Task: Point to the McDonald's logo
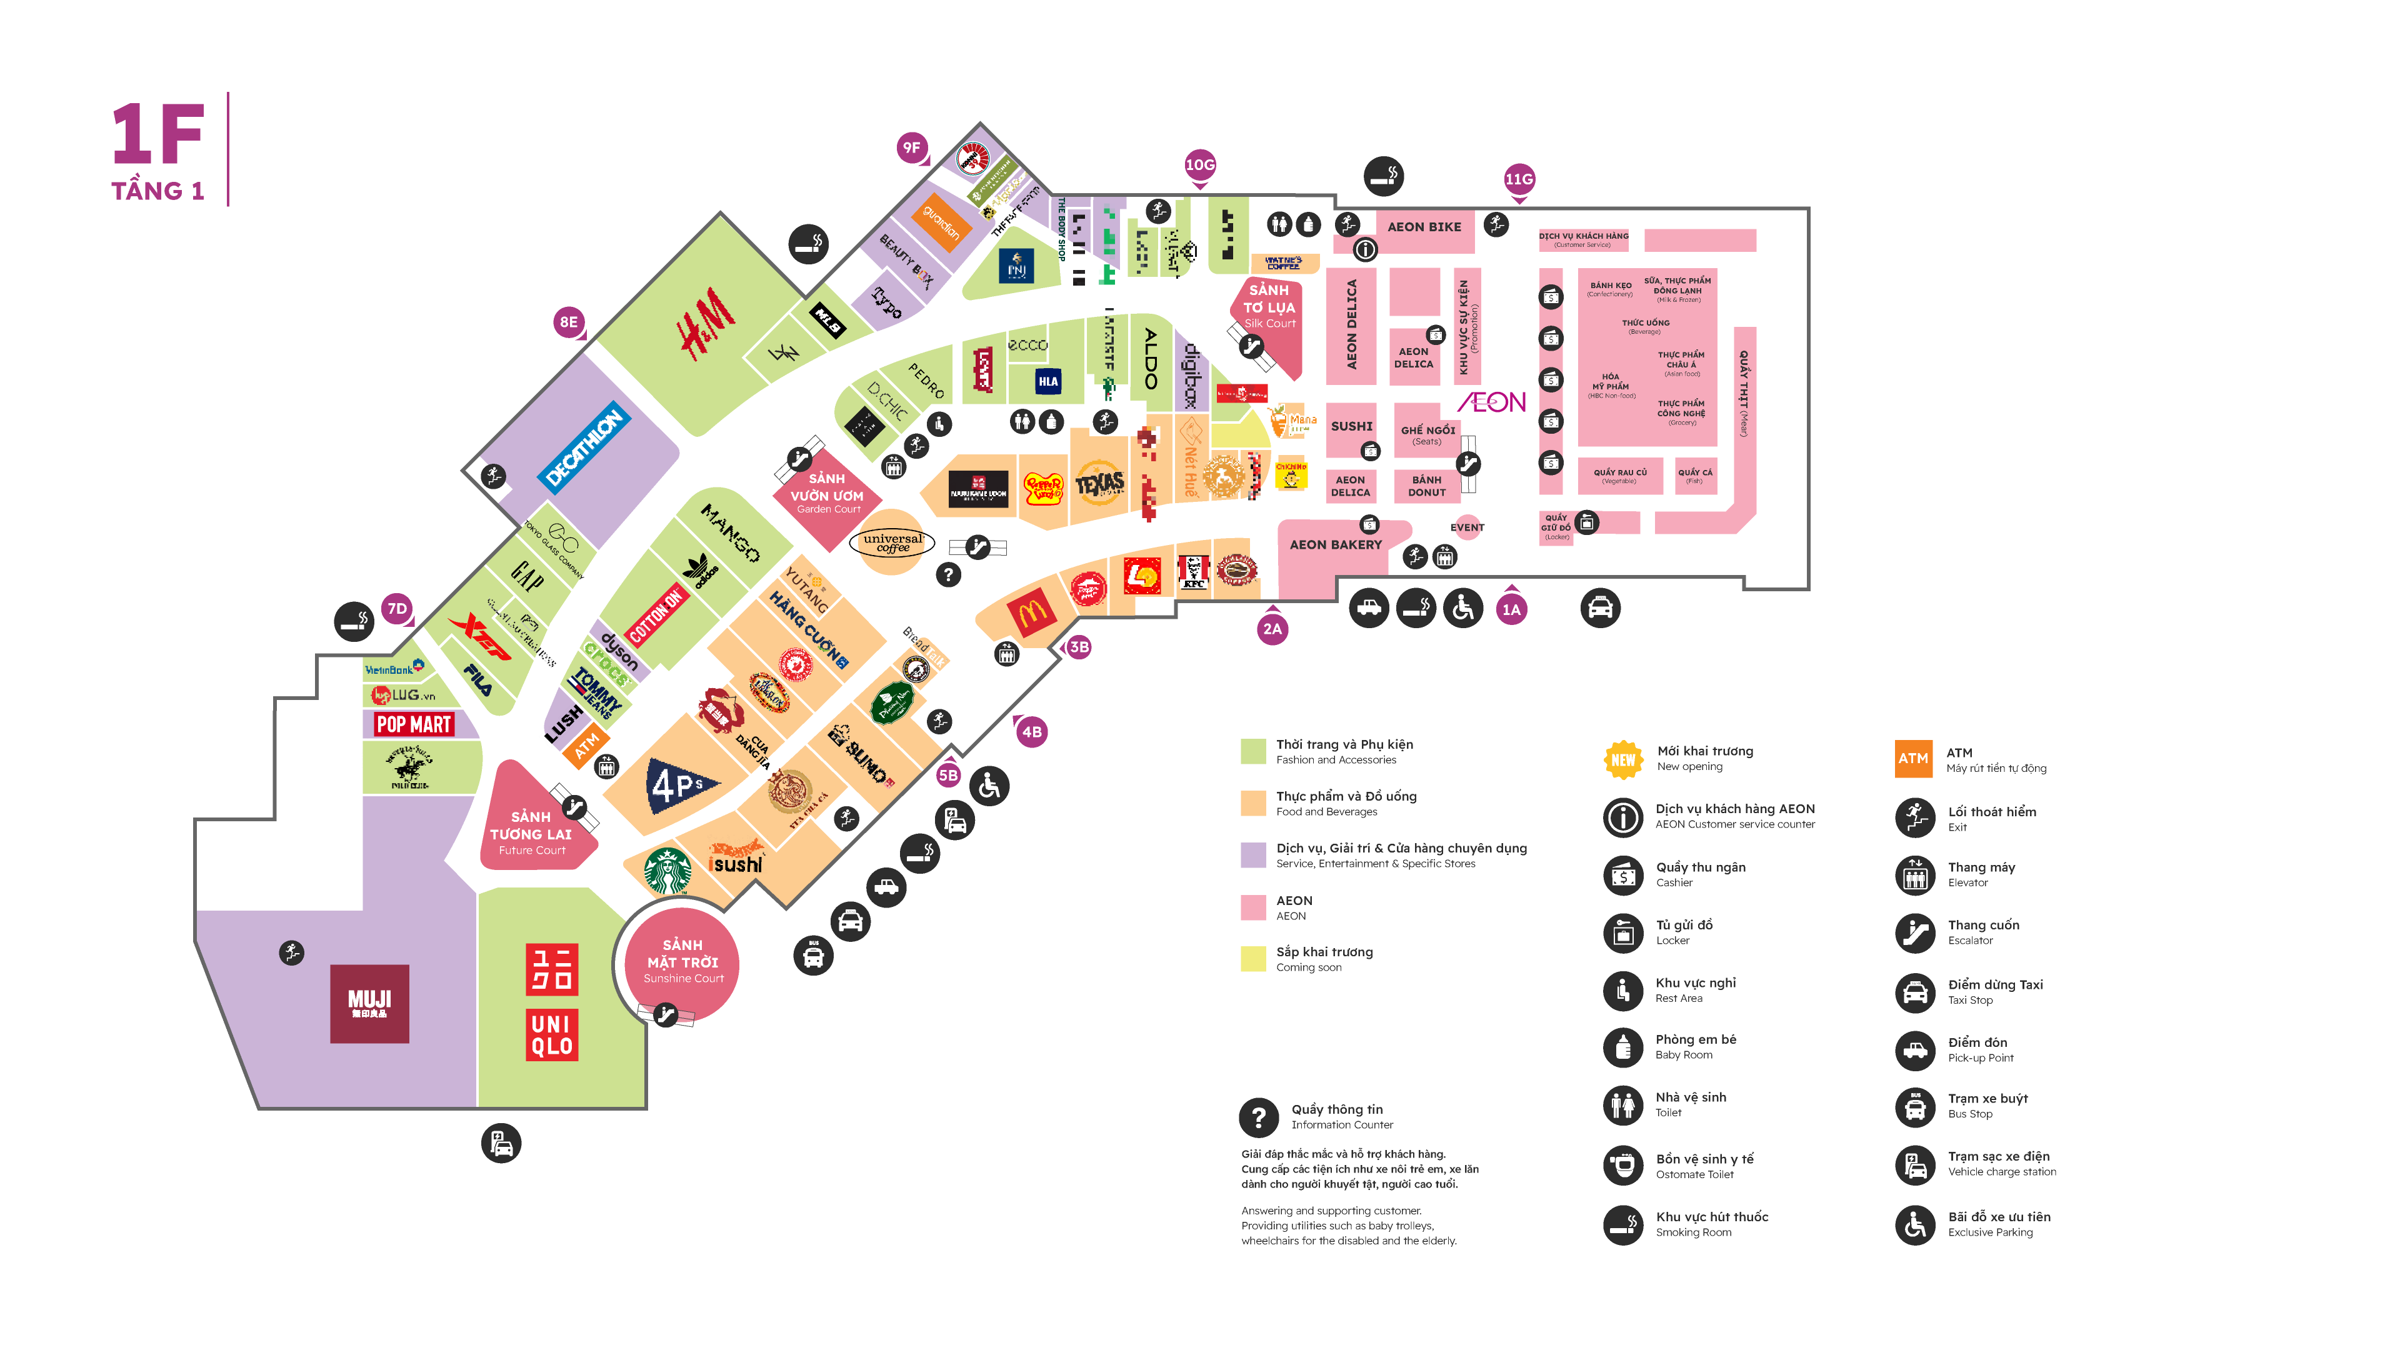(x=1031, y=612)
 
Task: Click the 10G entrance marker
(x=1199, y=165)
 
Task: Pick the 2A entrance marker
(x=1272, y=629)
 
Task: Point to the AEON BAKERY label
(x=1335, y=545)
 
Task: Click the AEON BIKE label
(x=1424, y=226)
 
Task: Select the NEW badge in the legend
(x=1622, y=759)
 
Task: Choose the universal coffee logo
(x=892, y=542)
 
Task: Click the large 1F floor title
(x=158, y=135)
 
